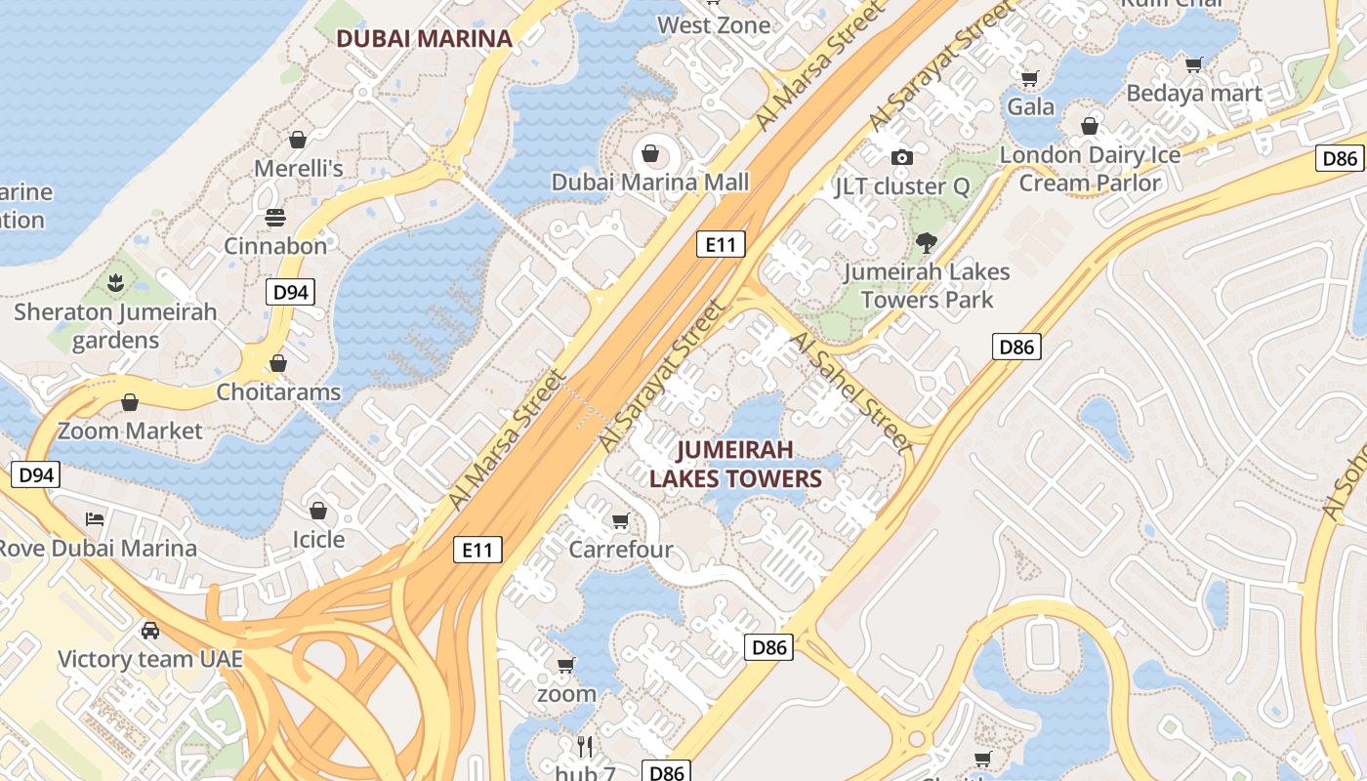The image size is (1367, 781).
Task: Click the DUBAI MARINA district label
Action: (x=424, y=39)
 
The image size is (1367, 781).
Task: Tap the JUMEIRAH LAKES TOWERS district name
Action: (x=735, y=464)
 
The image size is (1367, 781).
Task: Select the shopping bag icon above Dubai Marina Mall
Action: (x=649, y=153)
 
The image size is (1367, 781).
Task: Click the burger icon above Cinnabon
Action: (x=275, y=217)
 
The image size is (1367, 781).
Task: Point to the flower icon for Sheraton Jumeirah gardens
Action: (x=115, y=284)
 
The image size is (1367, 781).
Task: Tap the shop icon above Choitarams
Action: (x=278, y=363)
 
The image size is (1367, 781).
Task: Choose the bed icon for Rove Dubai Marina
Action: (x=95, y=518)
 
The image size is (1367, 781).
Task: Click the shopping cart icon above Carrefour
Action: (x=620, y=520)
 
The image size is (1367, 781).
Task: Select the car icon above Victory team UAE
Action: (x=150, y=630)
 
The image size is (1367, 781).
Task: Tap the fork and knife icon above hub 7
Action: (x=585, y=747)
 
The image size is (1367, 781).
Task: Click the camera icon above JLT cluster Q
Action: (x=901, y=157)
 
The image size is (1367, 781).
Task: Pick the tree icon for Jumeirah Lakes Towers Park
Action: (x=926, y=242)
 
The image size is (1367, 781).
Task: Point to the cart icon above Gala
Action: (x=1030, y=77)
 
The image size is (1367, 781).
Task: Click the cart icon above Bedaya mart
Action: (x=1193, y=64)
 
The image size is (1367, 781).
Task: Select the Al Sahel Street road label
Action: (x=849, y=387)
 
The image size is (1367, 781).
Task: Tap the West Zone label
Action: (x=714, y=24)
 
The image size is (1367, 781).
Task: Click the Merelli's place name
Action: (x=299, y=169)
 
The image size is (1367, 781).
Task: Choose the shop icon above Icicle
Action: (x=318, y=511)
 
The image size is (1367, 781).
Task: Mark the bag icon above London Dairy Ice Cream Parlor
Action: (x=1090, y=126)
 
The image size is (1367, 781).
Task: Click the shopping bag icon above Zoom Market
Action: (x=130, y=402)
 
